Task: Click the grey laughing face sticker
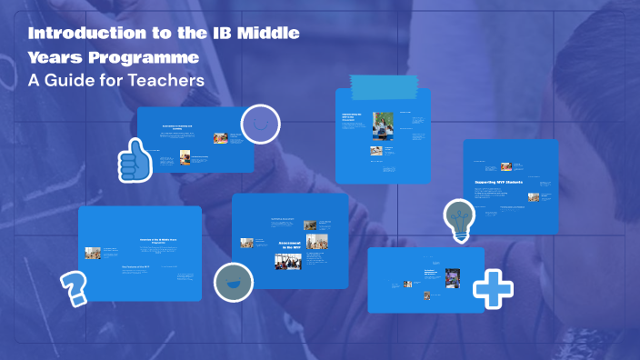[233, 281]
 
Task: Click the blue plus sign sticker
[493, 288]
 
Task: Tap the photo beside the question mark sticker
[93, 254]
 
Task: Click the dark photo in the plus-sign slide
[452, 278]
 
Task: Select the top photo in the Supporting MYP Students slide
[506, 166]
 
